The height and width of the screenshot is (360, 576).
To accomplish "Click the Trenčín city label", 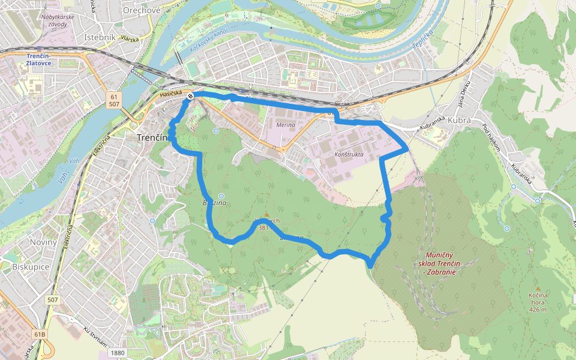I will click(151, 138).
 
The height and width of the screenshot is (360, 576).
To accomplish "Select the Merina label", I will click(286, 125).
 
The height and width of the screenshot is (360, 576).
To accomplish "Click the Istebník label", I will click(100, 37).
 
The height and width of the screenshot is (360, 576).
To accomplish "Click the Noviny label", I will click(43, 242).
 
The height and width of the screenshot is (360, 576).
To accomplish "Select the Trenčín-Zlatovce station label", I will click(40, 59).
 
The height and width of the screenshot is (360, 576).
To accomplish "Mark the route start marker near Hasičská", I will click(190, 96).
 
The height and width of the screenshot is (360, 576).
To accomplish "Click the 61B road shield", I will click(40, 334).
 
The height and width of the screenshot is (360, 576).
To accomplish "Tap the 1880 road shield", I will click(118, 353).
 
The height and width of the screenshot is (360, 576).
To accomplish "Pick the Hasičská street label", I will click(170, 94).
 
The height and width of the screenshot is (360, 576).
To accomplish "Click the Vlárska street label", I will click(129, 39).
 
